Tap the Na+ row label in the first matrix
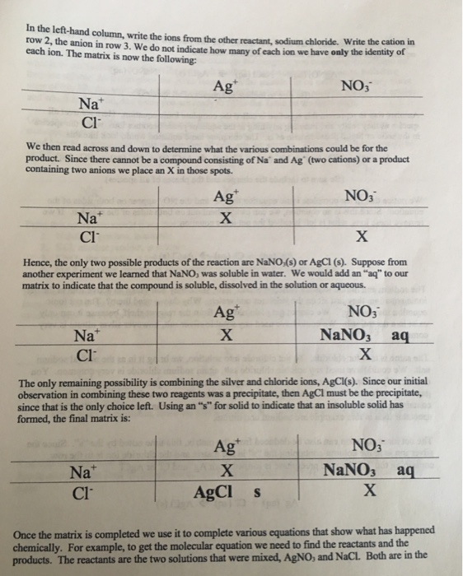point(90,105)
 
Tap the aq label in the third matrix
point(401,337)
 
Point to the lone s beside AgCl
point(258,494)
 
